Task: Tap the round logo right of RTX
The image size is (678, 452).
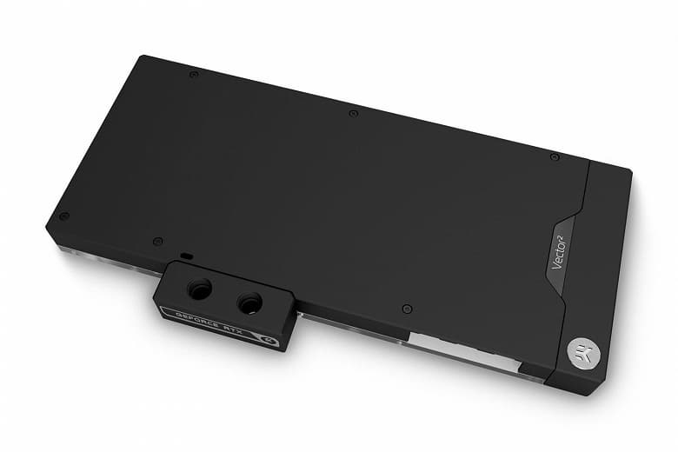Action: (270, 341)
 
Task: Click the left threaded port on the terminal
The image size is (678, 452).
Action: (199, 291)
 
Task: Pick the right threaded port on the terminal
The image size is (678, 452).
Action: (249, 304)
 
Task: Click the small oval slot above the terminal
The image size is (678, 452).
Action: (186, 256)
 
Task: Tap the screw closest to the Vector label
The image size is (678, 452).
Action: (555, 156)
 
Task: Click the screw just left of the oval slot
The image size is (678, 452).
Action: (157, 241)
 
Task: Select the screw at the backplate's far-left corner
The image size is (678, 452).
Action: (63, 216)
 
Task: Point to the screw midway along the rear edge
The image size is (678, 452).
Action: (353, 113)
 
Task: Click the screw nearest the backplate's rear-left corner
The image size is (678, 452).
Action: (193, 75)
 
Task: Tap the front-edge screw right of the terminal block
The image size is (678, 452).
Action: (407, 309)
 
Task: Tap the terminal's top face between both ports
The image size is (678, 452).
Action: (224, 290)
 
